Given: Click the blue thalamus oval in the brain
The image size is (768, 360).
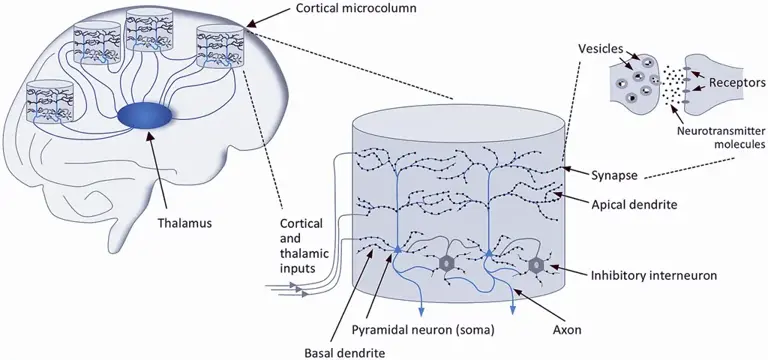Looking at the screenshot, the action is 144,117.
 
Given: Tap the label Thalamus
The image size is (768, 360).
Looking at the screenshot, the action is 185,223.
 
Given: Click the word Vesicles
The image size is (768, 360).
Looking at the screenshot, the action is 600,48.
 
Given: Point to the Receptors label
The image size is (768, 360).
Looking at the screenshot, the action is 734,82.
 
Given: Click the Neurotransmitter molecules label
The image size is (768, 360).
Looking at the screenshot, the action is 720,138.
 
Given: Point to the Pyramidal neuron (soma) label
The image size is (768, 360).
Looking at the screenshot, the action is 423,330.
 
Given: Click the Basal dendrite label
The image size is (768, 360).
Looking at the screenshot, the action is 338,352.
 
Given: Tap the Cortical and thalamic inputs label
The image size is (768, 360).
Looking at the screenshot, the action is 301,246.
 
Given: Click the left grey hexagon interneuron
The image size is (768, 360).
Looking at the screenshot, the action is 446,264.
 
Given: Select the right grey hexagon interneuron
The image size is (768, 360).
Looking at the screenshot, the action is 536,264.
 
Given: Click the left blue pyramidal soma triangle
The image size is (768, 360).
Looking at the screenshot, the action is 397,250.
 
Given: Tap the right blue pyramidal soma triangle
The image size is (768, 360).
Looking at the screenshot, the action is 489,252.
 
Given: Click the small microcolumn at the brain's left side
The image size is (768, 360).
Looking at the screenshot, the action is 49,101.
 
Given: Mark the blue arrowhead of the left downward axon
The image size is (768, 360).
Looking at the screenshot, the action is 421,312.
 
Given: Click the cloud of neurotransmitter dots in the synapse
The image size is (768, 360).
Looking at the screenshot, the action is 671,87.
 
